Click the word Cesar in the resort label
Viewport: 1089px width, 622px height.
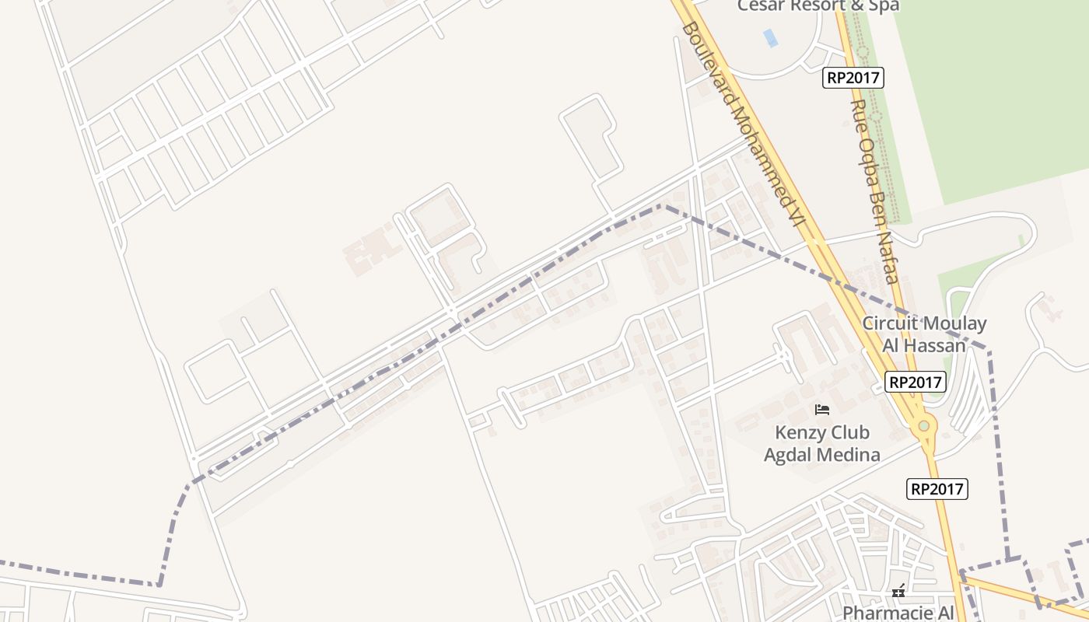(763, 5)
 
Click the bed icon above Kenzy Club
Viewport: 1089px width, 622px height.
(822, 410)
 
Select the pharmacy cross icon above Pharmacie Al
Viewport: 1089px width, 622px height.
(899, 592)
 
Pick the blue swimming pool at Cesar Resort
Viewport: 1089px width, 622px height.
(770, 37)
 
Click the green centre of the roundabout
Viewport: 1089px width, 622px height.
(923, 426)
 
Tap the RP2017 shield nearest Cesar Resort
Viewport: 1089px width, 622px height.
(853, 78)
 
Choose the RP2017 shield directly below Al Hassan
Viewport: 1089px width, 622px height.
(916, 382)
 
